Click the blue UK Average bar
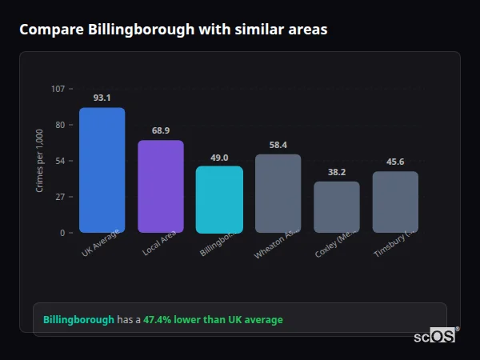[102, 170]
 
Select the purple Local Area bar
[161, 186]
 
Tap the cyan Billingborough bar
[219, 199]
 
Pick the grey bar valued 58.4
[278, 194]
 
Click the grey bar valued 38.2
[337, 207]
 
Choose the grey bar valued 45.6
[395, 202]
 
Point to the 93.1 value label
[102, 98]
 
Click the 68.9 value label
[161, 130]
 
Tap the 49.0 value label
[219, 158]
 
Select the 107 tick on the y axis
[58, 89]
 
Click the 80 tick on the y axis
[60, 125]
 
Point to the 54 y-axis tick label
[60, 161]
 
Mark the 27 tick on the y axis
[60, 197]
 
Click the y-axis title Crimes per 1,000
[40, 161]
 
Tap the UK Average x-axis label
[101, 243]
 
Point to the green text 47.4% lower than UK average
[213, 320]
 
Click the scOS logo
[435, 336]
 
